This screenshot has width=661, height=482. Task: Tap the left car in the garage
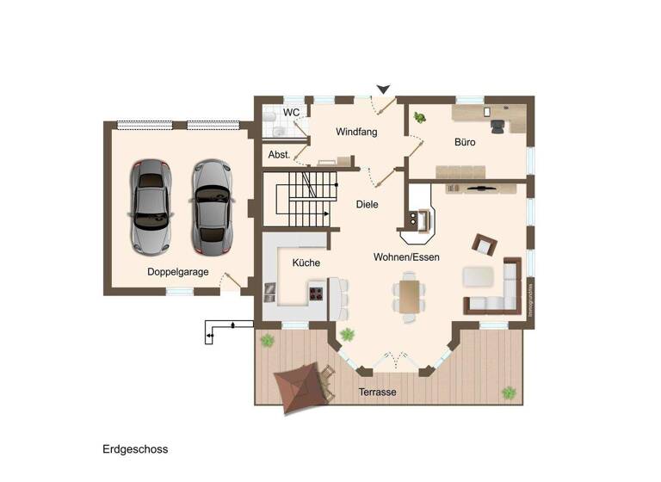(150, 207)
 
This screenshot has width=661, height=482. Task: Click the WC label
(291, 113)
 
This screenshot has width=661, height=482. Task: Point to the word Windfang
(356, 132)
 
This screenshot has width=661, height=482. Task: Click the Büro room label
(466, 142)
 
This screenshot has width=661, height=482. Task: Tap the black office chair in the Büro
(498, 125)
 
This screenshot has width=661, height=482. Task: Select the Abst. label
(279, 155)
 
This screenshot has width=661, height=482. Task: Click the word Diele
(368, 205)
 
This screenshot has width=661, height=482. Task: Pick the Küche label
(306, 263)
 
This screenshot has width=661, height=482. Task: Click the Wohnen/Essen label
(406, 257)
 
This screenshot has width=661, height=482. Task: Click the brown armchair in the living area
(484, 245)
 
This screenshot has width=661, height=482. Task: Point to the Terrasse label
(377, 392)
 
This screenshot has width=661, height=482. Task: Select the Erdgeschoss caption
(135, 449)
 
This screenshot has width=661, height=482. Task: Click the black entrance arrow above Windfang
(384, 89)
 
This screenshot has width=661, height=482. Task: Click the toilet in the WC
(269, 116)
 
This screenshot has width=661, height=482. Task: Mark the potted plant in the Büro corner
(420, 117)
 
